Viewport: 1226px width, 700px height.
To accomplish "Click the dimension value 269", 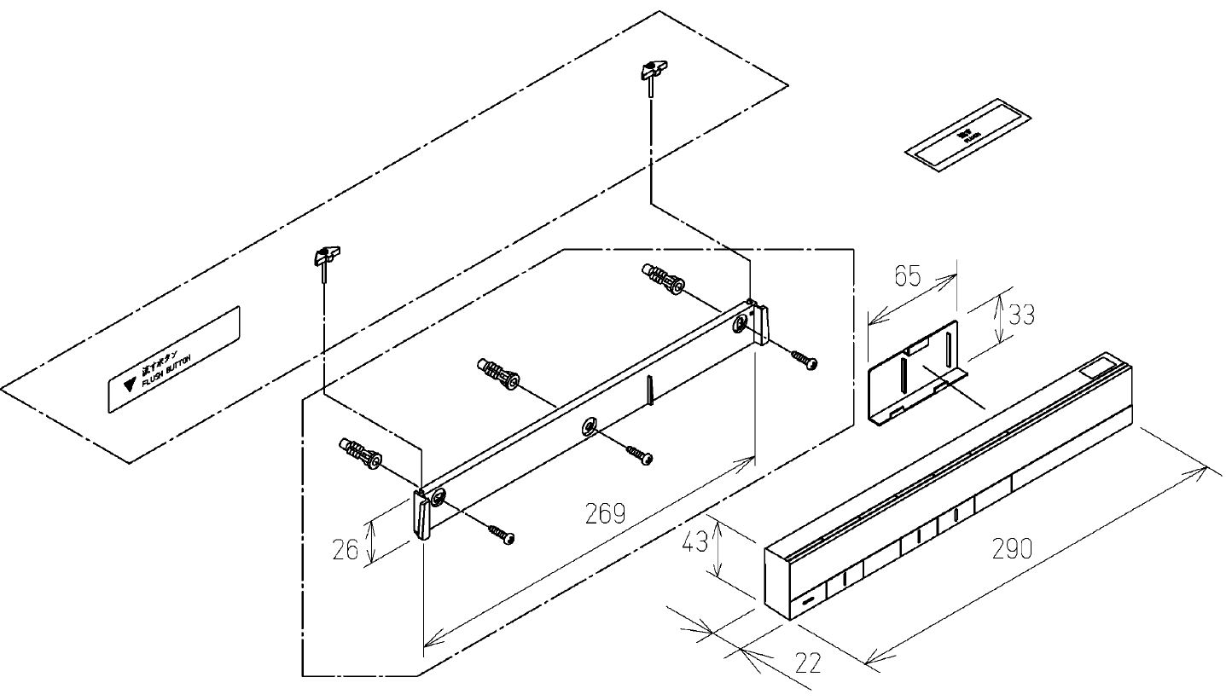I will coord(605,513).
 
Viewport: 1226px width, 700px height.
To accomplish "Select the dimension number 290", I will coord(1012,548).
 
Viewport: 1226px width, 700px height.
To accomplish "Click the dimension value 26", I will coord(346,550).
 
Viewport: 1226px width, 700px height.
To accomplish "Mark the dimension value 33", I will coord(1020,315).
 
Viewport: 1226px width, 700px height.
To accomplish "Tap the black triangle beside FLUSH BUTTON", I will coord(130,384).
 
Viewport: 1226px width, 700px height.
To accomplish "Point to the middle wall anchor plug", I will coord(497,373).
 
